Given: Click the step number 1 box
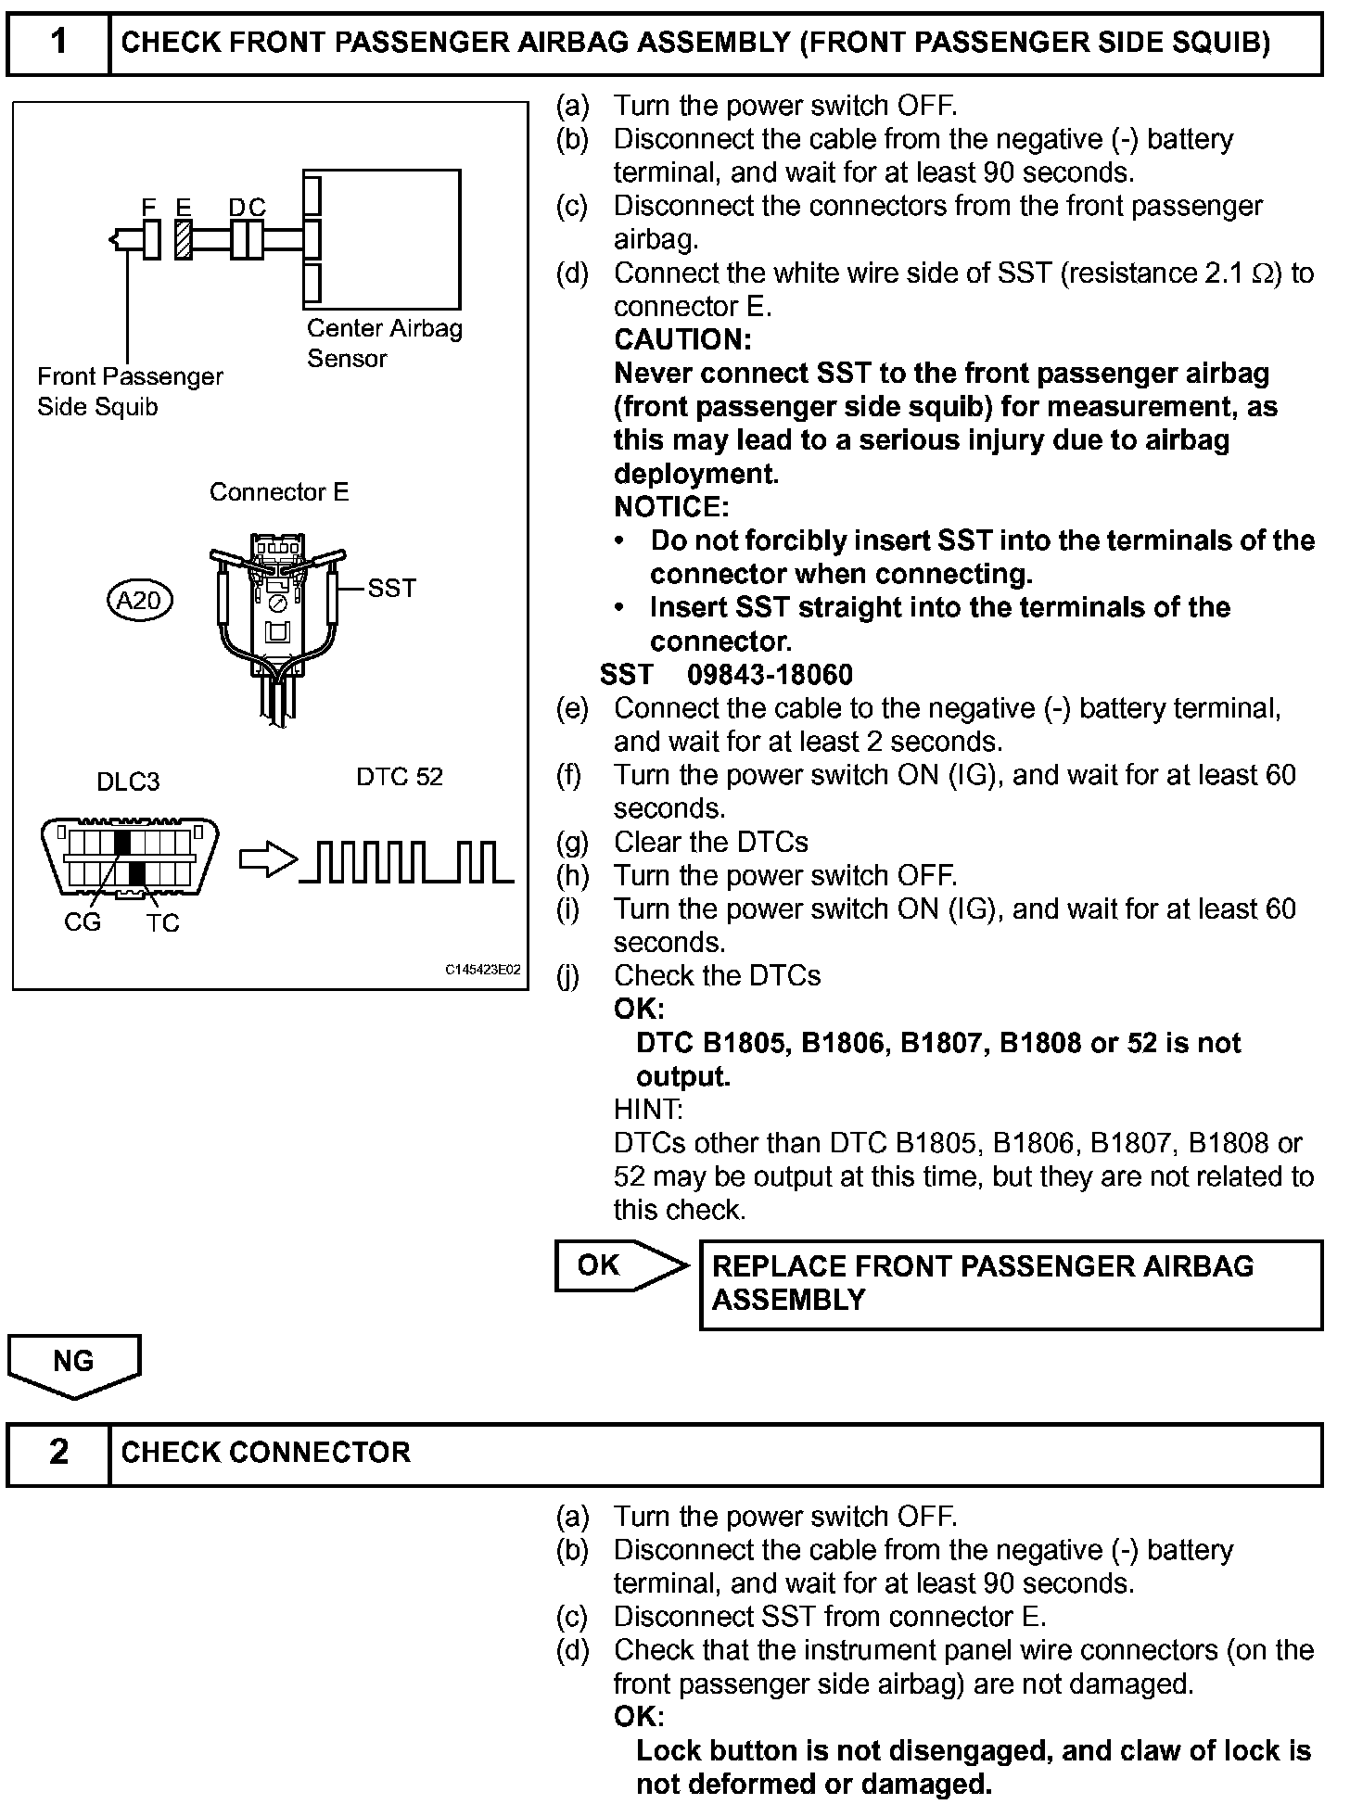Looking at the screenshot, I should pos(58,43).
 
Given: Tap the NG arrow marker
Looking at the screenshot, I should pos(74,1364).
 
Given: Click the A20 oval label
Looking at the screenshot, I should pos(139,601).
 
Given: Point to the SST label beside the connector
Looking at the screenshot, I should pos(391,589).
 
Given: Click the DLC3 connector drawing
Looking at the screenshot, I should pos(130,858).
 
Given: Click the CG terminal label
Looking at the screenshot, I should pos(83,922).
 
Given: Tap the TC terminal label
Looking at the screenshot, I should pos(162,923).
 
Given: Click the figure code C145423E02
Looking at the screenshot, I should pos(482,970).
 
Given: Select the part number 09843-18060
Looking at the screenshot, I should pos(770,675).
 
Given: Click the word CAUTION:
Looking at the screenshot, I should pos(682,340).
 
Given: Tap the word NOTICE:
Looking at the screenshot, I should pos(671,507).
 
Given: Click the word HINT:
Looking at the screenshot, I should pos(648,1110).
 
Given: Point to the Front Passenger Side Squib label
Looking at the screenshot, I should pos(130,391).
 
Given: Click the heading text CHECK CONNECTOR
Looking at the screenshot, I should pos(265,1453).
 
